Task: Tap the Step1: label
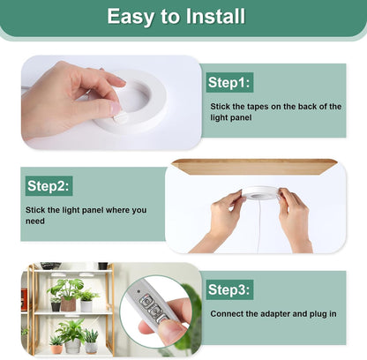point(229,82)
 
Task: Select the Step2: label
point(49,186)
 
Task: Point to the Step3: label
point(229,289)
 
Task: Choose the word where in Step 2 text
point(118,210)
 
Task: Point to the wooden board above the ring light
point(254,167)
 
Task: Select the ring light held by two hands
point(260,192)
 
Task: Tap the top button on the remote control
point(146,302)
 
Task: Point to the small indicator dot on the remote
point(139,291)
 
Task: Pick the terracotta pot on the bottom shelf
point(56,349)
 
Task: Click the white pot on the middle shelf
point(86,306)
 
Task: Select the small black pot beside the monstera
point(56,307)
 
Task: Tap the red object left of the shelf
point(24,299)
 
